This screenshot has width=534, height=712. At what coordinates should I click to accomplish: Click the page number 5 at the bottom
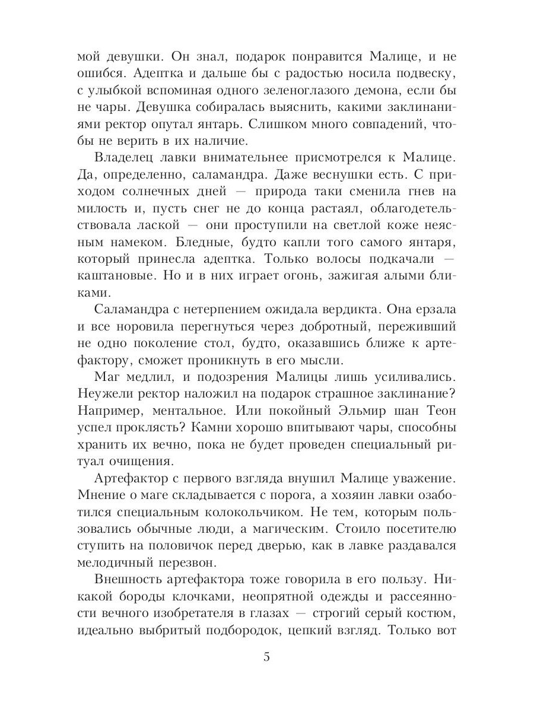click(267, 657)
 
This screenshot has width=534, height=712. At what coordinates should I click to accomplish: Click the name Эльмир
click(341, 411)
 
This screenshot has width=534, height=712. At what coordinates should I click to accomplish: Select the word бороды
click(142, 596)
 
